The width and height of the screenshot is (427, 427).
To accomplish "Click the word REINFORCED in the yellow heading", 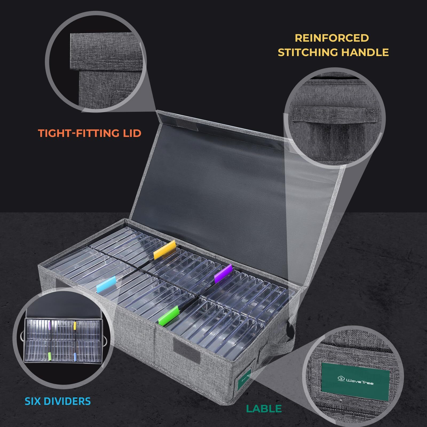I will pos(332,38).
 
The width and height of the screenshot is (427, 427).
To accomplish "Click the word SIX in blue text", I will pos(34,401).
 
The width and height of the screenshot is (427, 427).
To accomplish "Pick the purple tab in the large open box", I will pos(223,274).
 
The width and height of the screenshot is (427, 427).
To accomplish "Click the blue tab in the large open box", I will pos(106,284).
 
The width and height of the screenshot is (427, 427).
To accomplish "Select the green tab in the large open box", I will pos(168,315).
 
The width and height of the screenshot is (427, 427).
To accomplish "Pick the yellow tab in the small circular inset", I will pos(75,325).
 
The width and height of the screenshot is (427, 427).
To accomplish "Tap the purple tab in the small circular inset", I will pos(50,325).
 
